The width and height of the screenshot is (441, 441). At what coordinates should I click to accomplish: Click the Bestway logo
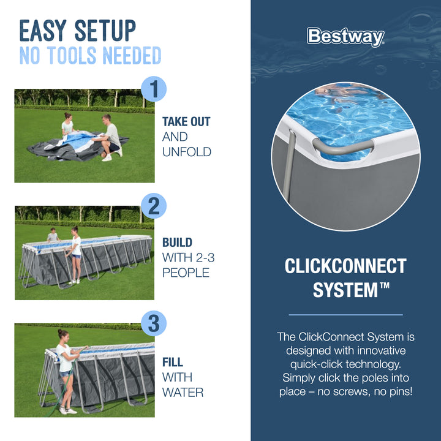(x=345, y=37)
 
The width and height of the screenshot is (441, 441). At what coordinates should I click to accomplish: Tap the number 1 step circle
(x=154, y=89)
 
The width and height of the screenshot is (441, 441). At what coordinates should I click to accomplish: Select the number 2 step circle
(x=154, y=206)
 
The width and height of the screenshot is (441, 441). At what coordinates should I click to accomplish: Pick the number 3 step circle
(x=154, y=323)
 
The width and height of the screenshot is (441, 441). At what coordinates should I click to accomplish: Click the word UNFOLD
(x=186, y=152)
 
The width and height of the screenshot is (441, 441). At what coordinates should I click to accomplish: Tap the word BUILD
(x=177, y=243)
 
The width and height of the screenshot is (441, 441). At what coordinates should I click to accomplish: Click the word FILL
(x=173, y=362)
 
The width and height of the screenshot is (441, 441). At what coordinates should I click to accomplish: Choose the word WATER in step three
(x=183, y=392)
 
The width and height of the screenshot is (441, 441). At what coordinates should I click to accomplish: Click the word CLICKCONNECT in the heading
(x=345, y=266)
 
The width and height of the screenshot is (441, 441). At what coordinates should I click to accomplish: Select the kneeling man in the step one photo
(x=110, y=136)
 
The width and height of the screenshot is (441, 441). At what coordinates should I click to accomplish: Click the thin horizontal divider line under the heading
(x=345, y=314)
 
